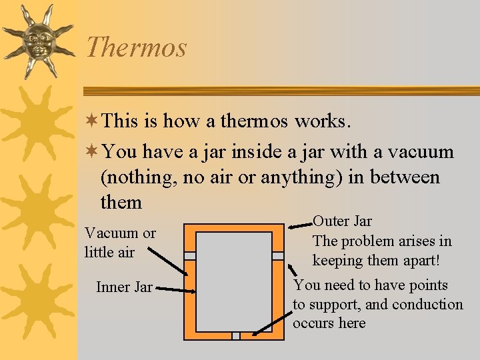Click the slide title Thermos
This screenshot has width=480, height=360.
point(136,47)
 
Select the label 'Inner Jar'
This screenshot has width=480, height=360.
point(124,287)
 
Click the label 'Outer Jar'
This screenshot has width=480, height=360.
point(342,221)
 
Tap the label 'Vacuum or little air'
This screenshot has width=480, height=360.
point(120,243)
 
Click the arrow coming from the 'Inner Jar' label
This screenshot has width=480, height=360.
point(177,291)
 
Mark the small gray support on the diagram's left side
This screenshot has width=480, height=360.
point(190,256)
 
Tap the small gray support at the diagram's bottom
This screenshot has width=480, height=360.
point(235,335)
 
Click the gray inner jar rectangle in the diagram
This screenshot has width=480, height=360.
point(234,281)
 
